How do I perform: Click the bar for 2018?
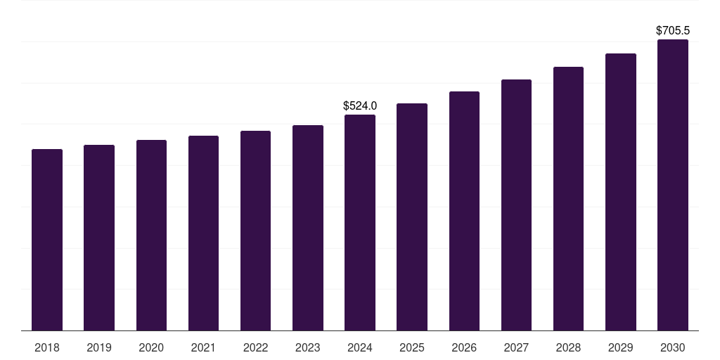(x=47, y=240)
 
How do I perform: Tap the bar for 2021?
(x=203, y=233)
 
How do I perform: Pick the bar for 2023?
(x=308, y=228)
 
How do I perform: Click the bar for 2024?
(x=360, y=222)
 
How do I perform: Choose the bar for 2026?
(x=464, y=211)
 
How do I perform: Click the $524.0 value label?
(x=360, y=105)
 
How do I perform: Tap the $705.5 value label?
(x=673, y=30)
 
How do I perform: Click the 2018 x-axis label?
(x=47, y=347)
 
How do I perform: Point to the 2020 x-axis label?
(x=151, y=347)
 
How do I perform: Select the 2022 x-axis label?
(x=255, y=347)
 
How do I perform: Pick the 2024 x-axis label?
(x=360, y=347)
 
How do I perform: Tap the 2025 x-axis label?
(x=412, y=347)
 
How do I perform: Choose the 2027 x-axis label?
(x=516, y=347)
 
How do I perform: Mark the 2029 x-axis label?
(x=621, y=347)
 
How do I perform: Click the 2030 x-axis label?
(x=673, y=347)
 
